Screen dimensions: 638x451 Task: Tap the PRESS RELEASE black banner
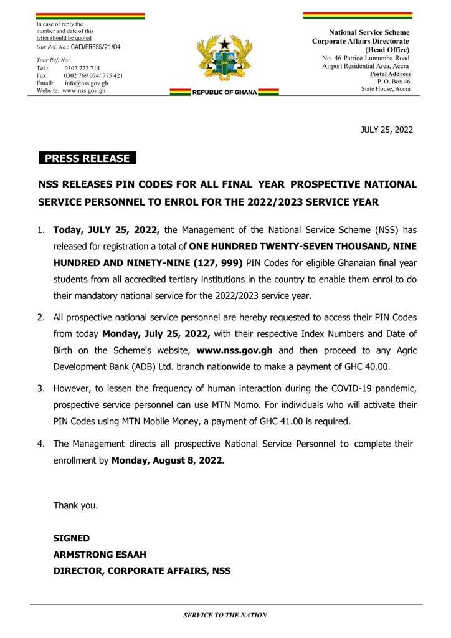click(x=87, y=158)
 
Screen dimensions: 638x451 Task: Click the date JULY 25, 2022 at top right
click(x=387, y=130)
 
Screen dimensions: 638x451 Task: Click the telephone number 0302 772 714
click(x=82, y=68)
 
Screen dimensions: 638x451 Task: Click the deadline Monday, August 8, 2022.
click(x=168, y=461)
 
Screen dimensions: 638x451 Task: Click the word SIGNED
click(x=71, y=538)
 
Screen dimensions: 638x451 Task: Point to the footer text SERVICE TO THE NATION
click(x=225, y=615)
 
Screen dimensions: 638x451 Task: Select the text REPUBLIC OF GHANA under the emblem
click(x=224, y=92)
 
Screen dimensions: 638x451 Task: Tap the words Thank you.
click(x=75, y=505)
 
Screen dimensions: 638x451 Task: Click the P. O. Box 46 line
click(x=394, y=82)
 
